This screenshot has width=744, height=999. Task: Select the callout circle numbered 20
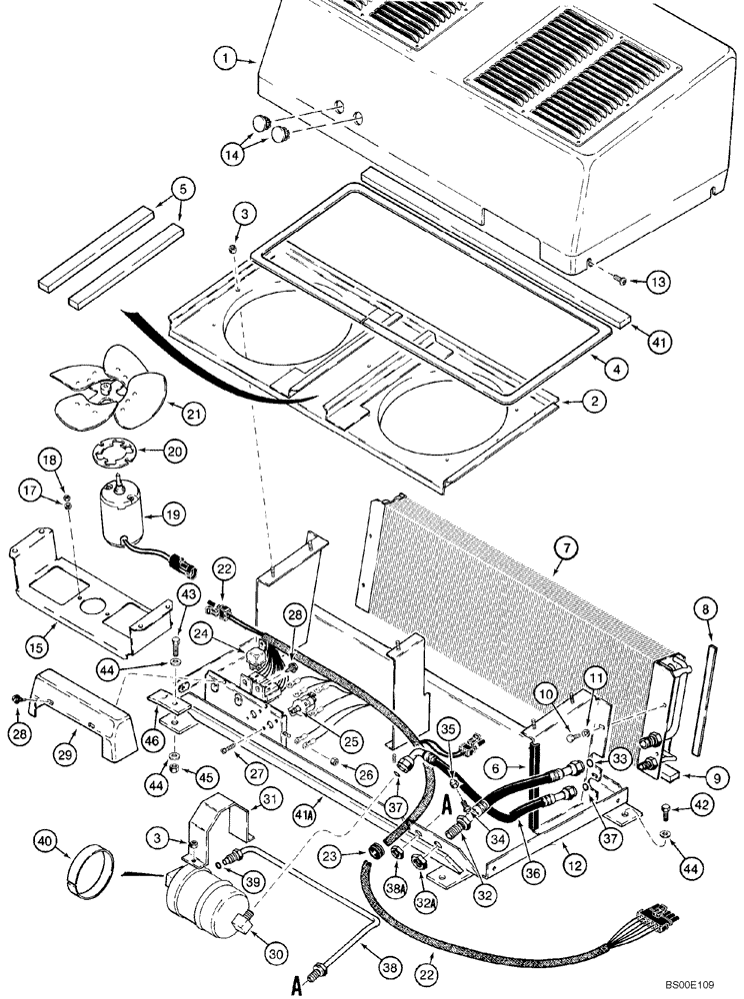(176, 452)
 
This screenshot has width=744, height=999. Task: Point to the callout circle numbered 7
(565, 546)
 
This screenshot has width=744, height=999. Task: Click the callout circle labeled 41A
(324, 800)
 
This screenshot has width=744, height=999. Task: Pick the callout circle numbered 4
(619, 369)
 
